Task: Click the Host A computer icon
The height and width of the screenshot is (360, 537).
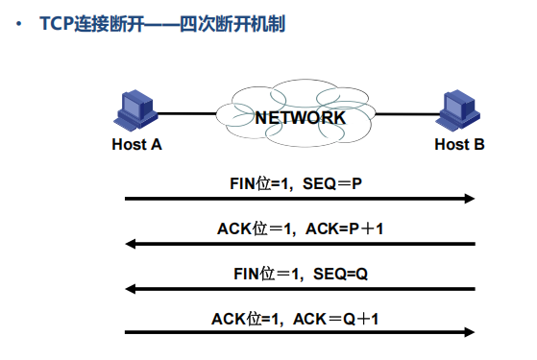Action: pyautogui.click(x=135, y=109)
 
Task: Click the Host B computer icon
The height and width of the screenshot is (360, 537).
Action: pyautogui.click(x=458, y=110)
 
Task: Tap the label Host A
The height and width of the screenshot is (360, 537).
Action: pyautogui.click(x=136, y=144)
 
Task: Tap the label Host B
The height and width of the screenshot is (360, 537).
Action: pyautogui.click(x=459, y=144)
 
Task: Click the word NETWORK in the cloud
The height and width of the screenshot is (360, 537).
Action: pyautogui.click(x=301, y=118)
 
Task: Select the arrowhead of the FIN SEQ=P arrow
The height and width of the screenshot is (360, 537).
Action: pyautogui.click(x=470, y=199)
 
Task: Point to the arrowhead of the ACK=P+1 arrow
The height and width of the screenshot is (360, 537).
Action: pyautogui.click(x=131, y=244)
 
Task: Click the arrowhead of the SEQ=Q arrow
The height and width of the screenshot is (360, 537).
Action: pyautogui.click(x=131, y=289)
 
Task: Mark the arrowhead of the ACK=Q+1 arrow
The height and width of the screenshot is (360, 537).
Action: pyautogui.click(x=470, y=332)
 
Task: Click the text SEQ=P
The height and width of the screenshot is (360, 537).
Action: pyautogui.click(x=332, y=183)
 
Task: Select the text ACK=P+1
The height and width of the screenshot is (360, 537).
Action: pyautogui.click(x=344, y=228)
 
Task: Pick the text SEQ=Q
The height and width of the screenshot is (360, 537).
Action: pyautogui.click(x=340, y=275)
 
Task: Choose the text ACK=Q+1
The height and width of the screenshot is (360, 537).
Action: pyautogui.click(x=335, y=320)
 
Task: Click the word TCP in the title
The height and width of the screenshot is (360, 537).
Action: pyautogui.click(x=57, y=24)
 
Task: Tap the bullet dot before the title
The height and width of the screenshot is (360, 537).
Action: pyautogui.click(x=19, y=24)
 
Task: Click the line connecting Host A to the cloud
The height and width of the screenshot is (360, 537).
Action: pyautogui.click(x=186, y=113)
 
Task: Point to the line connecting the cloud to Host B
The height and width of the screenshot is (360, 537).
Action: pyautogui.click(x=407, y=114)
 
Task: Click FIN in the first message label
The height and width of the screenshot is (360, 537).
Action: pyautogui.click(x=243, y=183)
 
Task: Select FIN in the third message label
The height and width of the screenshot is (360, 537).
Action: pyautogui.click(x=247, y=275)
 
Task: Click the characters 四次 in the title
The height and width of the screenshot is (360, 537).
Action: pyautogui.click(x=197, y=24)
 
